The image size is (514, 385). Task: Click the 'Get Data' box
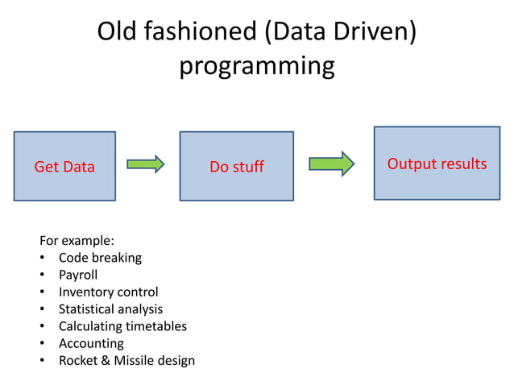[x=64, y=166]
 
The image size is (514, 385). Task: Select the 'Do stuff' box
[x=236, y=166]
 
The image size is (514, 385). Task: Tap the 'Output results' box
[x=437, y=164]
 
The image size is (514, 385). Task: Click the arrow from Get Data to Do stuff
[x=146, y=164]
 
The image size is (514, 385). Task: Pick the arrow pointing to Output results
[x=331, y=164]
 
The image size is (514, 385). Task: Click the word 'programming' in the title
[x=256, y=65]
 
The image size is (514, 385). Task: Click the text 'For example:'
[x=77, y=240]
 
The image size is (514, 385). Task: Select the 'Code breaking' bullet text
[x=100, y=258]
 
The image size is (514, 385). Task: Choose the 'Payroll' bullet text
[x=78, y=275]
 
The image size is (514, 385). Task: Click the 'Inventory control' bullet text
[x=108, y=292]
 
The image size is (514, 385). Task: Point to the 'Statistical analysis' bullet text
[x=110, y=308]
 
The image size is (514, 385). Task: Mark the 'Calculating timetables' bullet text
[x=122, y=326]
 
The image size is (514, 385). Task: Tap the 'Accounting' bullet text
[x=91, y=343]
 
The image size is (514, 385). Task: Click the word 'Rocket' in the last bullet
[x=78, y=360]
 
